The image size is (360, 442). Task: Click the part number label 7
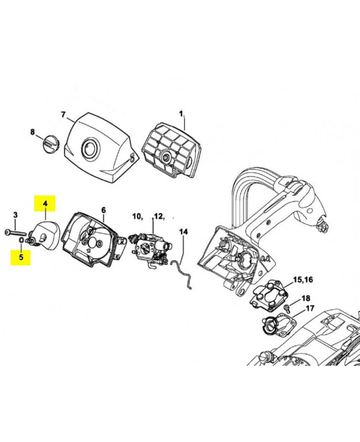(63, 115)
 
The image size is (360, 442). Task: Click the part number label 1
(181, 114)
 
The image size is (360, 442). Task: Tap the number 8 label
(33, 132)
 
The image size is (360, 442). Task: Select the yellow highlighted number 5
(21, 257)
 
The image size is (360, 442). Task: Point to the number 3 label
(15, 214)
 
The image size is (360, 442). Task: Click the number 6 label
(103, 210)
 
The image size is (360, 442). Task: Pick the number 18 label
(305, 298)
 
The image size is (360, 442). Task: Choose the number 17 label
(310, 308)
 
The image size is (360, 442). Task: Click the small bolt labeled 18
(288, 307)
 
